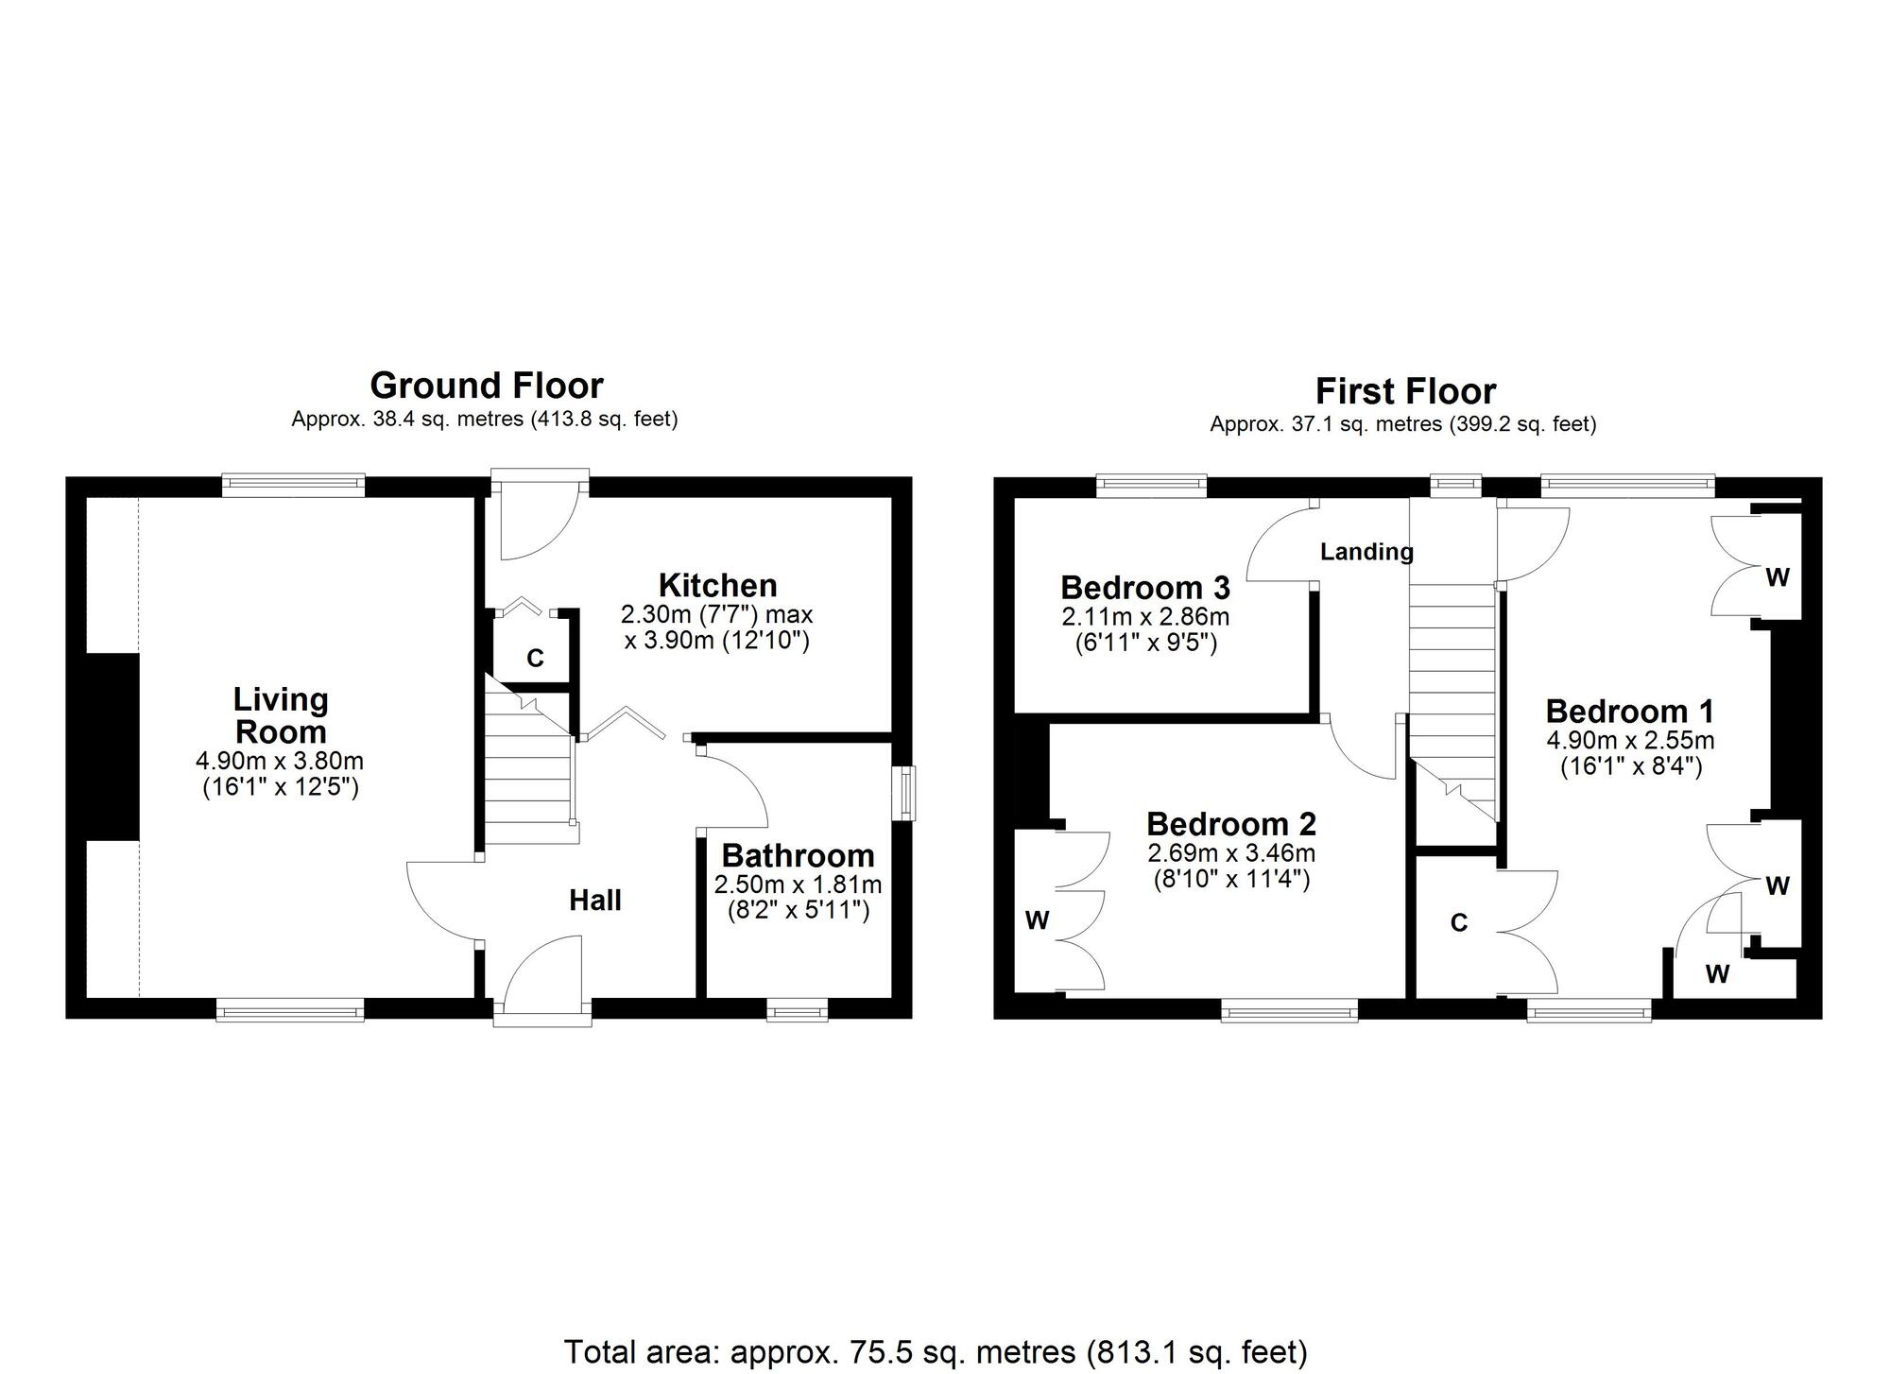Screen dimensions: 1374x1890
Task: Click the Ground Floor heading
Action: (486, 386)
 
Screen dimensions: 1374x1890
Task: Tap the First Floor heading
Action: (1405, 391)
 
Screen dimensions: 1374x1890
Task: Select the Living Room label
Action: (281, 715)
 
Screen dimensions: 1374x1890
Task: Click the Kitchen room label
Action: (717, 584)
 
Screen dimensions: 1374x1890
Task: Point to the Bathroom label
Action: (798, 855)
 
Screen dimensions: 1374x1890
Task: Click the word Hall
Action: (594, 901)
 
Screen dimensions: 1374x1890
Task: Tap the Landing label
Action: (1366, 552)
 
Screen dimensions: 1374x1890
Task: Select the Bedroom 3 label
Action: (1144, 587)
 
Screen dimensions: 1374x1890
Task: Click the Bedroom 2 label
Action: (1230, 824)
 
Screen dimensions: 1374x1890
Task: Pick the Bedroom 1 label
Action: (1629, 711)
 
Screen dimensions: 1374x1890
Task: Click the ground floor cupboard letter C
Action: (535, 659)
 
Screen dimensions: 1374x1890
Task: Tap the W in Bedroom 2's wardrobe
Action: (1037, 921)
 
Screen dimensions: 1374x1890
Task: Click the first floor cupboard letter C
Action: (1458, 923)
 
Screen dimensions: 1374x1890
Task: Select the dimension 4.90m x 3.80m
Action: (280, 761)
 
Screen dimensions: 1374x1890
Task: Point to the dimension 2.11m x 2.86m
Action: (1145, 617)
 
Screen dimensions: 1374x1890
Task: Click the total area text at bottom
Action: (936, 1352)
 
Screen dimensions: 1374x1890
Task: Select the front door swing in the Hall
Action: (542, 973)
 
